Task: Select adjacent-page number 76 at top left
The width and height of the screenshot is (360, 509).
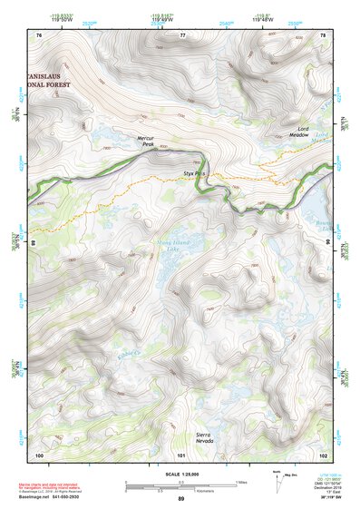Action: coord(39,34)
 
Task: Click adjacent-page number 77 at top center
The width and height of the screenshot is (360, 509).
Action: coord(182,34)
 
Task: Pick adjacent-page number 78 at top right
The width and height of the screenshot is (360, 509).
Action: coord(324,34)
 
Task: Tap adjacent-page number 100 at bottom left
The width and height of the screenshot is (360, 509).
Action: coord(39,454)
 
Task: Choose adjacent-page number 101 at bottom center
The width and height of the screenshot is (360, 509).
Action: coord(181,454)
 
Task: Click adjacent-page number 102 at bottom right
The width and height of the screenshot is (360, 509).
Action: coord(323,454)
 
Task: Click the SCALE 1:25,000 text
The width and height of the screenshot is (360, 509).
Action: coord(181,474)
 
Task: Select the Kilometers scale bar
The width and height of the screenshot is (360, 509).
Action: coord(181,491)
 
